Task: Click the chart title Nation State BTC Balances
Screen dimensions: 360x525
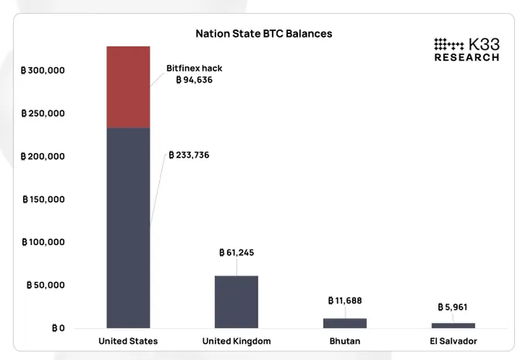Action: tap(263, 34)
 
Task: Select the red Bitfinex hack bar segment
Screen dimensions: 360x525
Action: tap(128, 87)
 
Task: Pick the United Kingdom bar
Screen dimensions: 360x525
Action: tap(236, 301)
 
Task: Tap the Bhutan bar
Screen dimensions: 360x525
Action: tap(345, 322)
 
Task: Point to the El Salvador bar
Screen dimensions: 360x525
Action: tap(453, 325)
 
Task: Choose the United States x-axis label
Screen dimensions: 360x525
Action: tap(128, 341)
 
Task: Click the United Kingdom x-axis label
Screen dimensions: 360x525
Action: tap(236, 341)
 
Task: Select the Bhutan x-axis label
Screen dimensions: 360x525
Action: tap(345, 341)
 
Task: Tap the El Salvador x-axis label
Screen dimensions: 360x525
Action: tap(453, 341)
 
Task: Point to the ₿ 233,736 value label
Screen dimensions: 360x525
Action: tap(189, 155)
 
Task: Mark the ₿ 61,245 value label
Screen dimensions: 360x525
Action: tap(236, 253)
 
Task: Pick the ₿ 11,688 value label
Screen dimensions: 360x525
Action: tap(345, 301)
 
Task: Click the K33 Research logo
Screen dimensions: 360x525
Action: tap(466, 49)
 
